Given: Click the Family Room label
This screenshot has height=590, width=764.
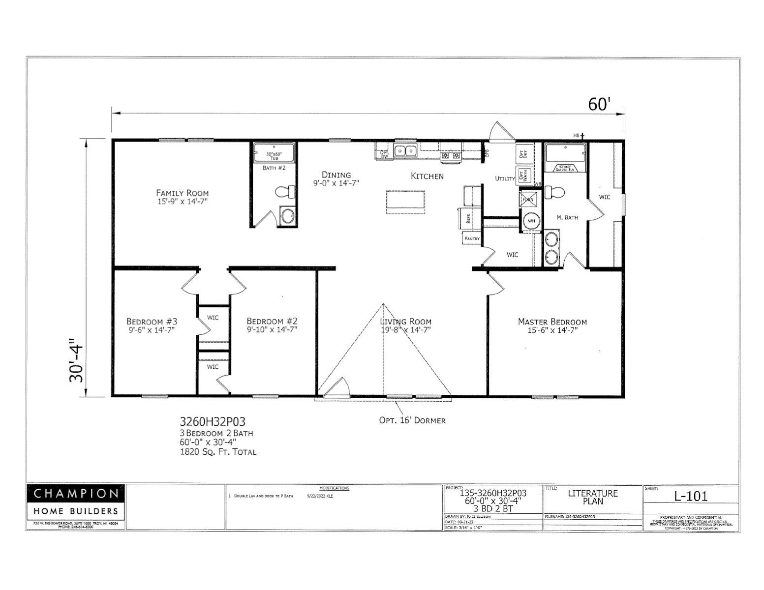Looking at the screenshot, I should point(182,193).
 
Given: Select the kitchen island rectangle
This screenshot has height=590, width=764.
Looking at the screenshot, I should point(405,202).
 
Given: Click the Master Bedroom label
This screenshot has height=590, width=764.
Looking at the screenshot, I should point(552,322).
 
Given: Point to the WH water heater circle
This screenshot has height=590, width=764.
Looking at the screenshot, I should point(531,221).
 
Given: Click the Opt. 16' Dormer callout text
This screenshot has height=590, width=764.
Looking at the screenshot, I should point(412,420).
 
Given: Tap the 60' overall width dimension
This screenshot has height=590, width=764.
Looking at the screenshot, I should point(599,104).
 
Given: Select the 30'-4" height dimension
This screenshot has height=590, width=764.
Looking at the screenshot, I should point(77,360).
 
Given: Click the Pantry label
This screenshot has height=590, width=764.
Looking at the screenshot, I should point(471,238).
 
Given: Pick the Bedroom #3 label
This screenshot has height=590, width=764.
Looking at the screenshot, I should point(152,322).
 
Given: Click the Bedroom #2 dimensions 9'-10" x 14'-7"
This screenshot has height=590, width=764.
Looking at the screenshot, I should point(272,330).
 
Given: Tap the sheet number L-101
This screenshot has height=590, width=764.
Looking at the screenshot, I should point(691,496).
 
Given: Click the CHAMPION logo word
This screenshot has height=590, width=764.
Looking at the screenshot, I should point(76,493).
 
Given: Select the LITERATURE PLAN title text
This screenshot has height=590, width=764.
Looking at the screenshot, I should point(592,497).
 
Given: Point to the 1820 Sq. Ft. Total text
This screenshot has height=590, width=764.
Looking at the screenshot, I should point(218,451).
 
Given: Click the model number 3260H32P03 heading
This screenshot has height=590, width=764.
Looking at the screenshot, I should point(213,421).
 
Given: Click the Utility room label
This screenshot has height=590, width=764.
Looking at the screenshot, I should point(505,178).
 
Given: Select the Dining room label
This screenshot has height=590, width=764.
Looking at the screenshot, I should point(336,175).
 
